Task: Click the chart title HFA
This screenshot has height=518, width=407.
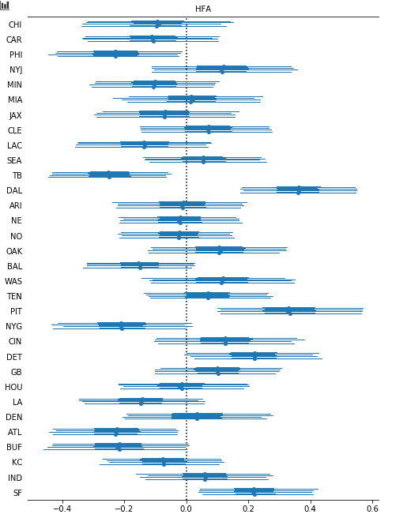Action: pyautogui.click(x=203, y=9)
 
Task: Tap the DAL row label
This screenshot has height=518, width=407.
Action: pyautogui.click(x=14, y=190)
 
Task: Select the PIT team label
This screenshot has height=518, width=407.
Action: pyautogui.click(x=16, y=312)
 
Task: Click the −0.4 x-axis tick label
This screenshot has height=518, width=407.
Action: pyautogui.click(x=62, y=508)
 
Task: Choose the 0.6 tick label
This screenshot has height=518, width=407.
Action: pyautogui.click(x=372, y=508)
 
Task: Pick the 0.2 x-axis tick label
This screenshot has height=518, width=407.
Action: pyautogui.click(x=248, y=508)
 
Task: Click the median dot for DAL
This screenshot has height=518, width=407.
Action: pyautogui.click(x=299, y=190)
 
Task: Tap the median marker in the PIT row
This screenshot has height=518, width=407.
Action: pyautogui.click(x=289, y=311)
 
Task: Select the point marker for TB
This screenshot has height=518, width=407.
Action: pyautogui.click(x=109, y=175)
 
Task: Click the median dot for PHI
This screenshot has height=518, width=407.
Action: pyautogui.click(x=115, y=54)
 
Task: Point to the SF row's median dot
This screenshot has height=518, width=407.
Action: pyautogui.click(x=254, y=492)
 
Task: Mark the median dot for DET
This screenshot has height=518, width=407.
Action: pyautogui.click(x=254, y=356)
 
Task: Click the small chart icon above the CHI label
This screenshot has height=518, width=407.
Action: pyautogui.click(x=5, y=6)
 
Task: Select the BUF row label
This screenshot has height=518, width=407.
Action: pyautogui.click(x=14, y=447)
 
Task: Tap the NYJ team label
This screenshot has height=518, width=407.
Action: pyautogui.click(x=16, y=69)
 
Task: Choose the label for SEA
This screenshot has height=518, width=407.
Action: pyautogui.click(x=14, y=160)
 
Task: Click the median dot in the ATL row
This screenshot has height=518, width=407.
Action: pyautogui.click(x=116, y=431)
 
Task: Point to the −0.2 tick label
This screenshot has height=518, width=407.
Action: pyautogui.click(x=124, y=508)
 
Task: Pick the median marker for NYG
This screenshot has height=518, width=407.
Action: pyautogui.click(x=122, y=326)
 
